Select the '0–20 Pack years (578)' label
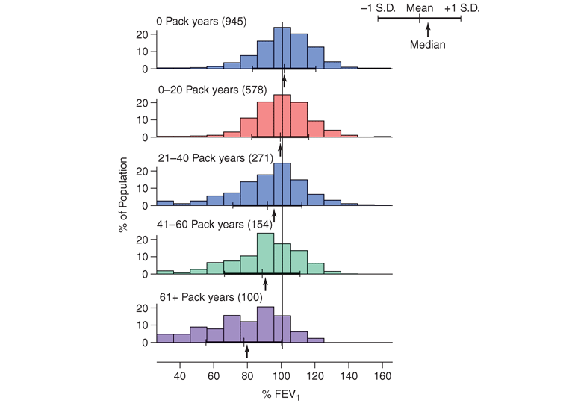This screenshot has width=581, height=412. pyautogui.click(x=208, y=90)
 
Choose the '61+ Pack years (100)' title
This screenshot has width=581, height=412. pyautogui.click(x=203, y=295)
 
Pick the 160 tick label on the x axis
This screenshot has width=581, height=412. pyautogui.click(x=383, y=376)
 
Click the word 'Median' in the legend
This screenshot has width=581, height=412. pyautogui.click(x=428, y=45)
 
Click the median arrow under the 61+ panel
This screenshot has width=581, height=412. pyautogui.click(x=247, y=351)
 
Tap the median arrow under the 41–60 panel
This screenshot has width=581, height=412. pyautogui.click(x=265, y=284)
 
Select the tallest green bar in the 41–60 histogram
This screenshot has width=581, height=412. pyautogui.click(x=265, y=254)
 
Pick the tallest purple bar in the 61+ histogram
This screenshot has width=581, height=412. pyautogui.click(x=265, y=325)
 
